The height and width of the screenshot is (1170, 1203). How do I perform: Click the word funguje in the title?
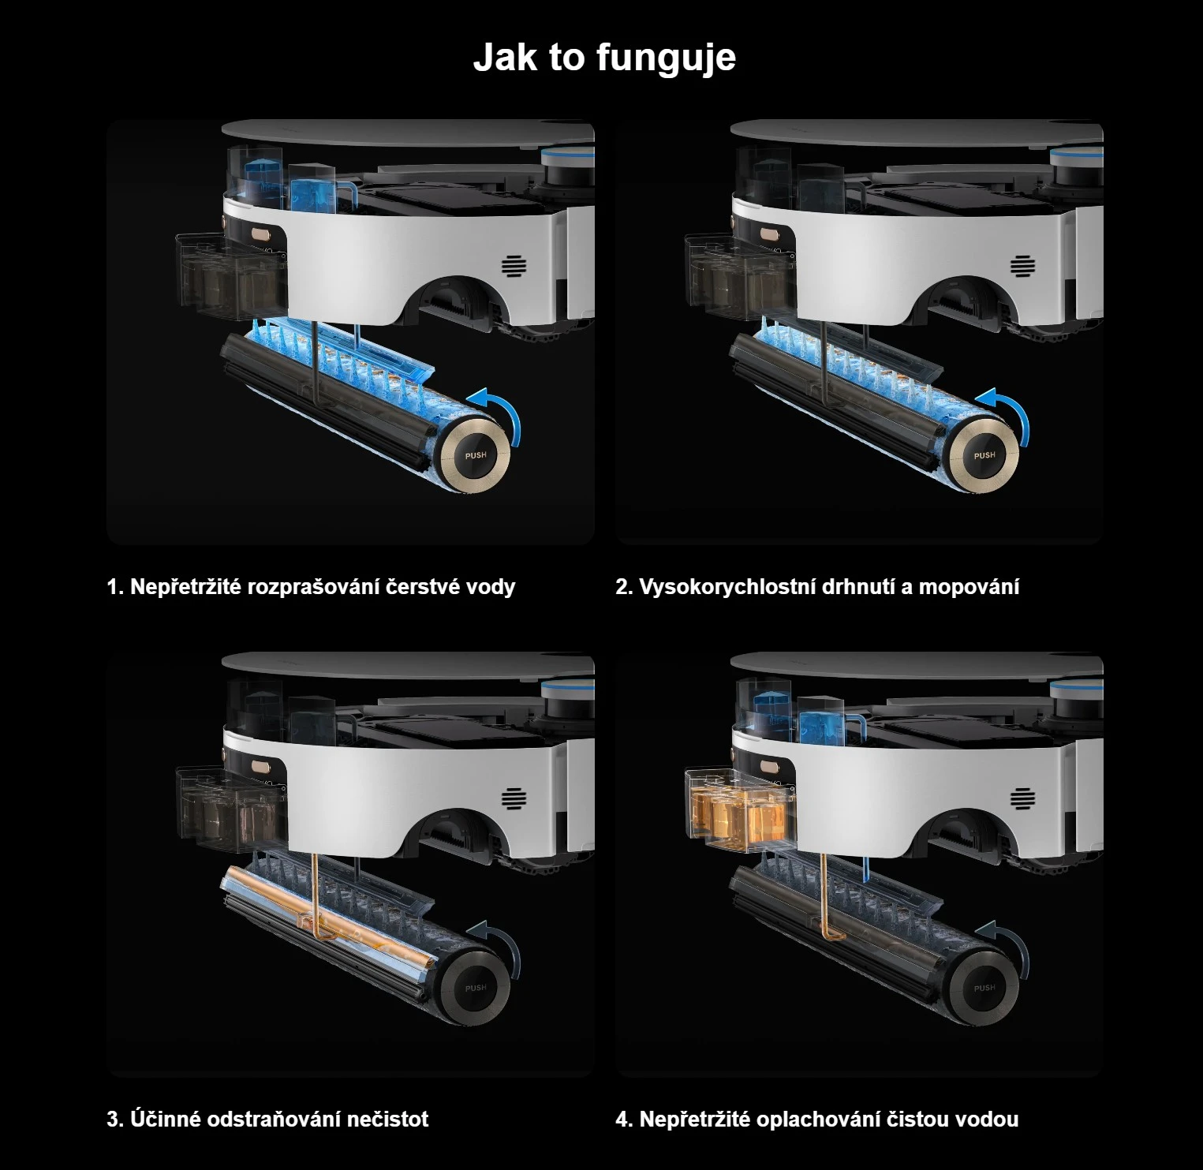pyautogui.click(x=666, y=58)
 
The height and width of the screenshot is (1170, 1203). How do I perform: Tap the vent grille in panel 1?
pyautogui.click(x=514, y=267)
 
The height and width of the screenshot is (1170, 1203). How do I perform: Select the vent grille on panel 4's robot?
pyautogui.click(x=1023, y=799)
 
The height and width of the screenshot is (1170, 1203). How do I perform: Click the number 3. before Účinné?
pyautogui.click(x=115, y=1120)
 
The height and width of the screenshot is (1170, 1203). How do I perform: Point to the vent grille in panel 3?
pyautogui.click(x=514, y=799)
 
